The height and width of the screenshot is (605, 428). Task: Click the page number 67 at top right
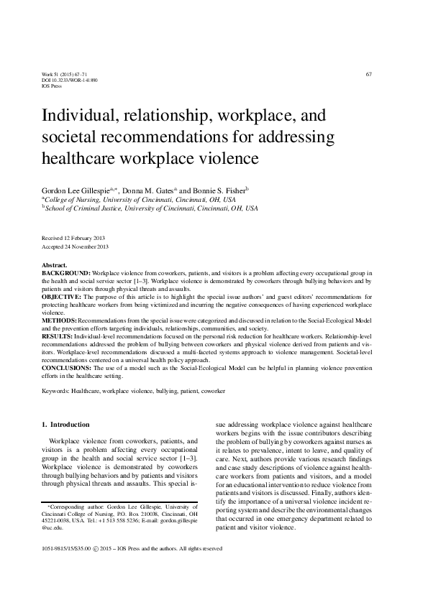click(x=368, y=74)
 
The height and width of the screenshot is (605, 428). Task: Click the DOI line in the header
click(x=70, y=80)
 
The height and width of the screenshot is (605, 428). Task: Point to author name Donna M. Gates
click(x=147, y=190)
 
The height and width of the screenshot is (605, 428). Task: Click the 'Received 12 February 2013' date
click(x=75, y=237)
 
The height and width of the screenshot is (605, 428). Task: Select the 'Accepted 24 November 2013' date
click(x=76, y=246)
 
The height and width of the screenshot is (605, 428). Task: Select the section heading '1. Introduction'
click(x=66, y=425)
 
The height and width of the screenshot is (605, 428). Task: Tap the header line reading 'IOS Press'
click(x=54, y=86)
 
